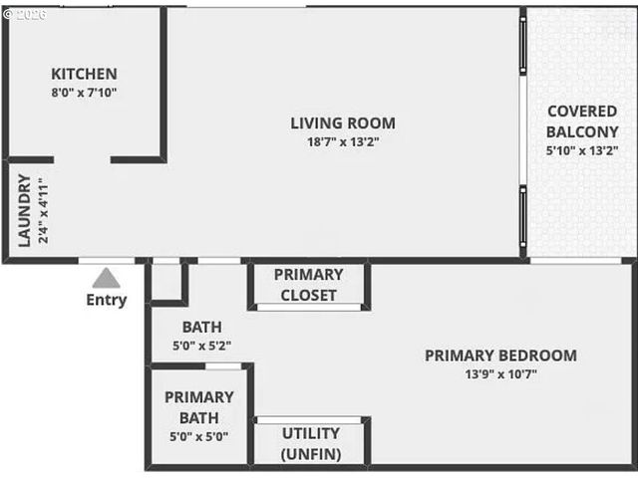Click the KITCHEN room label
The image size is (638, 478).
pos(84,74)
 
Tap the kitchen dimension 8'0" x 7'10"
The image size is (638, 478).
pos(84,92)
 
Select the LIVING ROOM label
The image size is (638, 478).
pos(343,123)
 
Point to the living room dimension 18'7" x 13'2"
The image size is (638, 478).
pos(343,141)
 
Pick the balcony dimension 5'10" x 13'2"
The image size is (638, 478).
pos(583,150)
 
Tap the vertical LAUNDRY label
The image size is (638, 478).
pos(25,211)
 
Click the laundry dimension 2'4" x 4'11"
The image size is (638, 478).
pos(42,211)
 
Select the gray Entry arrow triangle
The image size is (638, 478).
pos(107,278)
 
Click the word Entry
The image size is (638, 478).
pos(107,300)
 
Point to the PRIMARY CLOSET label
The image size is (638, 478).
pos(308,285)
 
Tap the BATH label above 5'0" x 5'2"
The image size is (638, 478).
pos(201,328)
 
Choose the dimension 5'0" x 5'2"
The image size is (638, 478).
pos(201,346)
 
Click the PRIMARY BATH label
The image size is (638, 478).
pos(198,407)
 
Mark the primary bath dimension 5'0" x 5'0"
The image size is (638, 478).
pos(198,435)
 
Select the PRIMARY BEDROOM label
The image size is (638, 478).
pos(500,356)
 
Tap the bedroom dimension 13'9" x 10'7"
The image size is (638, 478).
pos(500,373)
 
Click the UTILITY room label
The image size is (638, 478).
pos(310,434)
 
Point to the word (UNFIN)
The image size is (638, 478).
pos(310,454)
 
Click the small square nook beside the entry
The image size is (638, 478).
pos(166,282)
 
